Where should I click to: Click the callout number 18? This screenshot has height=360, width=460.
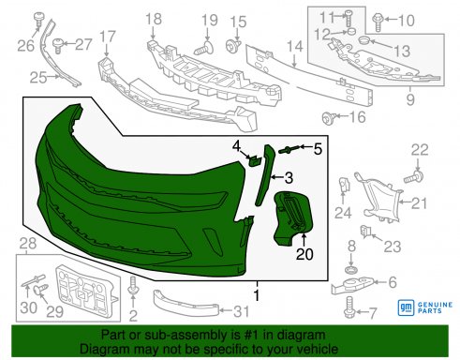pyautogui.click(x=154, y=19)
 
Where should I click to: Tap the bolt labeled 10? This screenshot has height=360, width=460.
pyautogui.click(x=378, y=22)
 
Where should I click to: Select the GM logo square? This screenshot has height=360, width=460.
pyautogui.click(x=406, y=307)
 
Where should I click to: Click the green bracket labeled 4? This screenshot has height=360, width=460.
pyautogui.click(x=255, y=160)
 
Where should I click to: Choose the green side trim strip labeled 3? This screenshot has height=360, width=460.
pyautogui.click(x=265, y=175)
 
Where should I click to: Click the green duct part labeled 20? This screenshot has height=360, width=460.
pyautogui.click(x=292, y=217)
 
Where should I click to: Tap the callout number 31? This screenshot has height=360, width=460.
pyautogui.click(x=242, y=311)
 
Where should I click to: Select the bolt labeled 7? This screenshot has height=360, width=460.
pyautogui.click(x=349, y=307)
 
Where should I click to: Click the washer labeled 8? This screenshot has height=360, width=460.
pyautogui.click(x=351, y=269)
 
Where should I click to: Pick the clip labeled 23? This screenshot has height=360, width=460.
pyautogui.click(x=365, y=232)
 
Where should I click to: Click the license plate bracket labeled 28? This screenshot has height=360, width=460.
pyautogui.click(x=86, y=288)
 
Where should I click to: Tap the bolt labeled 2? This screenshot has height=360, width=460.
pyautogui.click(x=133, y=287)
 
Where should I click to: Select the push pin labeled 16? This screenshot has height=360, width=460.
pyautogui.click(x=329, y=117)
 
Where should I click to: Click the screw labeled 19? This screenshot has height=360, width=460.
pyautogui.click(x=204, y=48)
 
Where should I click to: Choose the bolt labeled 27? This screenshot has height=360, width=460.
pyautogui.click(x=58, y=46)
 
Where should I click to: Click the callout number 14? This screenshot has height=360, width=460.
pyautogui.click(x=295, y=46)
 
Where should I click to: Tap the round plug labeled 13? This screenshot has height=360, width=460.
pyautogui.click(x=364, y=40)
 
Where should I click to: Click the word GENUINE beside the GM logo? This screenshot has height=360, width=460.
pyautogui.click(x=435, y=305)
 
